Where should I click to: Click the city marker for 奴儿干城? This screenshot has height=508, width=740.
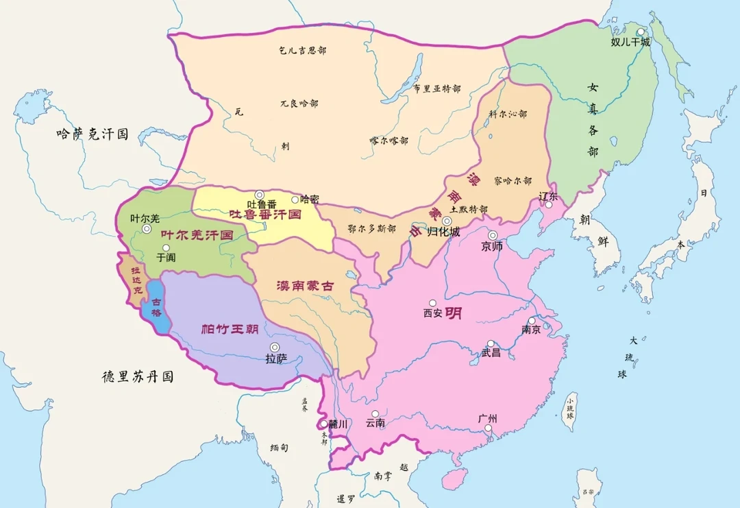click(641, 32)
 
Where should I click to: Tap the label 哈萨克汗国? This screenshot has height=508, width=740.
click(92, 134)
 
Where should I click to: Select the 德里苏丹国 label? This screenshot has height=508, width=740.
click(138, 376)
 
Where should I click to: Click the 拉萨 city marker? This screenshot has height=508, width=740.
click(275, 347)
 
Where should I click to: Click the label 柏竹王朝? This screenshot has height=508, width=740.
click(230, 329)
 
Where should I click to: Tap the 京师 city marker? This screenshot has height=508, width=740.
click(493, 235)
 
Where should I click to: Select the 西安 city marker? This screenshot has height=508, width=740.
click(432, 303)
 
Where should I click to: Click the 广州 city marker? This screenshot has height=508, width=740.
click(489, 429)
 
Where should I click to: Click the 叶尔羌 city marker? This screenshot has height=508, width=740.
click(146, 229)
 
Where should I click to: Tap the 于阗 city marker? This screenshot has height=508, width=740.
click(166, 248)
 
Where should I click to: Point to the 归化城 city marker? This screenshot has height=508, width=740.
click(447, 221)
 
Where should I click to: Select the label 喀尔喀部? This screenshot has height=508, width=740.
click(388, 141)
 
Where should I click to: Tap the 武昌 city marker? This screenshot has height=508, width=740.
click(491, 343)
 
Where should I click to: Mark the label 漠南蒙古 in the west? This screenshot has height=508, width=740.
click(305, 287)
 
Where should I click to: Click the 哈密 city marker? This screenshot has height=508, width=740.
click(295, 199)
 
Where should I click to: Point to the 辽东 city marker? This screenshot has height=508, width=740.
click(547, 205)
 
